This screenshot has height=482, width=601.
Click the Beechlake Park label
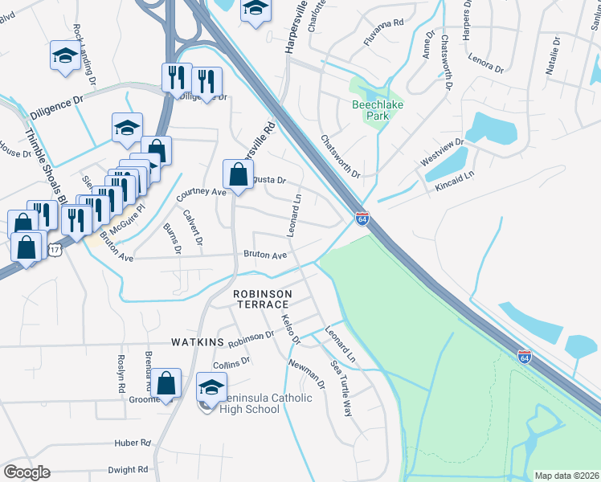(x=377, y=109)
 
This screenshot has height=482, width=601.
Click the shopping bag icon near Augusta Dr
(x=239, y=174)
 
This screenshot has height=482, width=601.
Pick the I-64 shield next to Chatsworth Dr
(x=362, y=218)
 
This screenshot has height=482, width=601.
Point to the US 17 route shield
(x=54, y=251)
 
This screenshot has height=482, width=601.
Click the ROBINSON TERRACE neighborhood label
(x=261, y=300)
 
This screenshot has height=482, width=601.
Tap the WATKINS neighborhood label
(x=196, y=342)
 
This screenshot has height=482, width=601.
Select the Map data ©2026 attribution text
(x=566, y=476)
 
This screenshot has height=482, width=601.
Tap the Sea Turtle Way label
(x=342, y=388)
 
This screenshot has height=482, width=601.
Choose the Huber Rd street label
(x=133, y=442)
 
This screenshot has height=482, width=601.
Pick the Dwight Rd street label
(x=129, y=469)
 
